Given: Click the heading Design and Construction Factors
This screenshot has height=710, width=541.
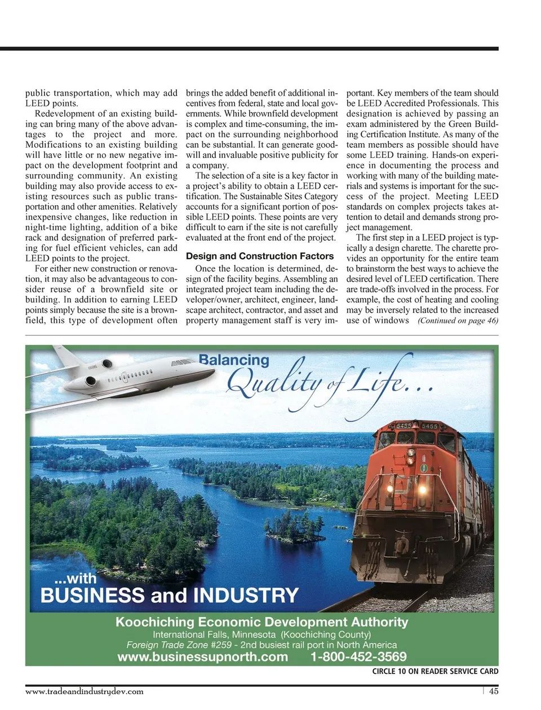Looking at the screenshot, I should (260, 256).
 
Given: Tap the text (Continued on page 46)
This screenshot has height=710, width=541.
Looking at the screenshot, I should (458, 321).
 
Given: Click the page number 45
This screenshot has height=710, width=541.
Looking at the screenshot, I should (493, 691).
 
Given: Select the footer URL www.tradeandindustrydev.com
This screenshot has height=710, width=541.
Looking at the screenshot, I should (85, 691).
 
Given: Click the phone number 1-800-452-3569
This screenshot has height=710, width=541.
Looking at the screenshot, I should (358, 657).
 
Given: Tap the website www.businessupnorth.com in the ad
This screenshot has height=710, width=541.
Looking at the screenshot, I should (202, 657).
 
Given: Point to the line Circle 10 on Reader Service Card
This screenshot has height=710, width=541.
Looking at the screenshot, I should (435, 671).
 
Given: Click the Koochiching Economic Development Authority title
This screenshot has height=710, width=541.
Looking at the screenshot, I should (261, 622).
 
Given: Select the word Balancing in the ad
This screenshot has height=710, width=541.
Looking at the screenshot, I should (234, 360).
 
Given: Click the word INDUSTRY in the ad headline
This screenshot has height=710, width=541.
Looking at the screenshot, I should (246, 596).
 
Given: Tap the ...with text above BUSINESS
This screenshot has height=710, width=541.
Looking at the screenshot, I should (75, 578).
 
